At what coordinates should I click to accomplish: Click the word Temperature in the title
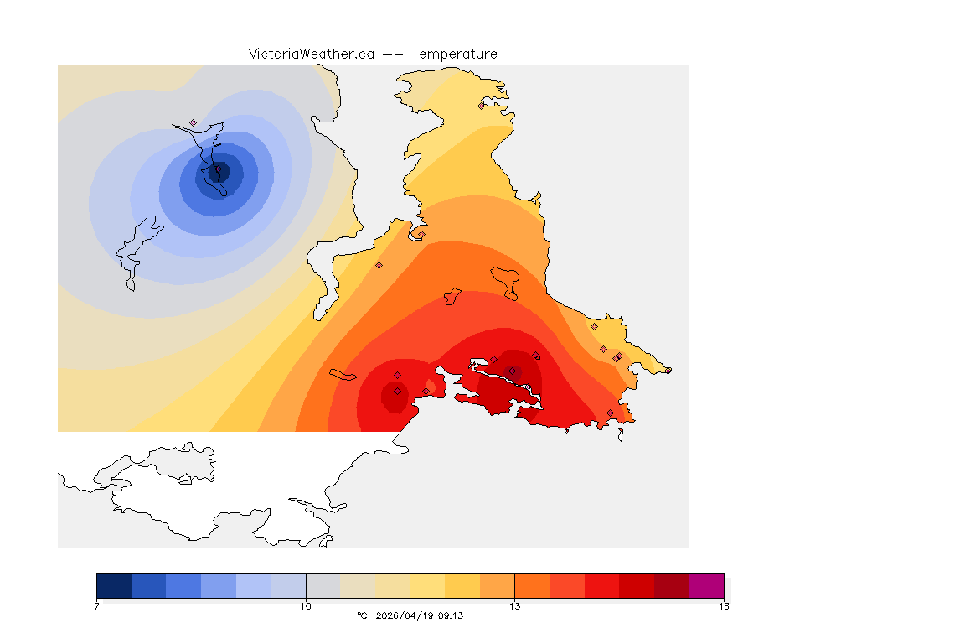(x=454, y=54)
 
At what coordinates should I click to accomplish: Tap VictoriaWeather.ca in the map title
(x=311, y=54)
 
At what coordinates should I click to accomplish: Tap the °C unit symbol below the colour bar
(x=362, y=615)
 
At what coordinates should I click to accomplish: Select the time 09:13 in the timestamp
(x=450, y=615)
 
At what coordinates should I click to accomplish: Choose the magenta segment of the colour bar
(x=705, y=585)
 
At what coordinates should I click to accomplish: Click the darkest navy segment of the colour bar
(x=114, y=585)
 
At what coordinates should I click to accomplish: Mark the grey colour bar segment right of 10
(x=323, y=585)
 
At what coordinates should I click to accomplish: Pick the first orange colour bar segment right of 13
(x=532, y=585)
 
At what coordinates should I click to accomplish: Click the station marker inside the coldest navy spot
(x=218, y=169)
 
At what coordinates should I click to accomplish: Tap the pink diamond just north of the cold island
(x=193, y=122)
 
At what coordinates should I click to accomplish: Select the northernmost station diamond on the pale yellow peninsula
(x=481, y=106)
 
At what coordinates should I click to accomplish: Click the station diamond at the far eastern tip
(x=668, y=370)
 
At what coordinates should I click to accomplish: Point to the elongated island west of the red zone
(x=343, y=374)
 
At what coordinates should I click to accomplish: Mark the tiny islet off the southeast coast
(x=621, y=434)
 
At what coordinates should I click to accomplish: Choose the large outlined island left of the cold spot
(x=139, y=247)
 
